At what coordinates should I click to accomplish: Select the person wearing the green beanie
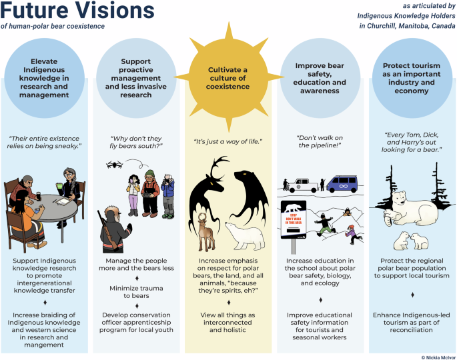point(150,192)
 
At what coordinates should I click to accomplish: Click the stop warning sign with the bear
point(293,215)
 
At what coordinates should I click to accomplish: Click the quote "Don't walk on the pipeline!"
point(320,141)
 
